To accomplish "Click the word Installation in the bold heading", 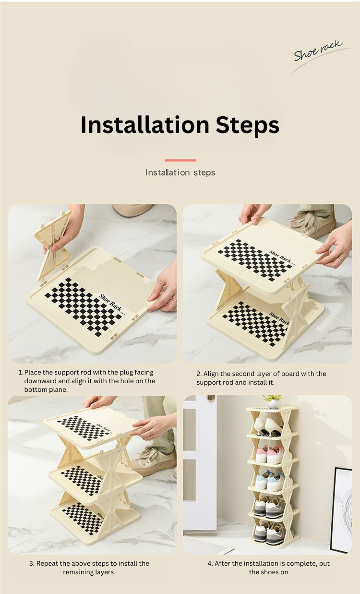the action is (145, 124).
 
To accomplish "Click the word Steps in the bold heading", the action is (247, 125).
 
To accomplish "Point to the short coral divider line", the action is (180, 160).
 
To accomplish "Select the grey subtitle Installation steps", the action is (180, 173).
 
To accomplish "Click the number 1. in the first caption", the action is (21, 372).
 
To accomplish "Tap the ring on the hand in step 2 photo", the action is (340, 258).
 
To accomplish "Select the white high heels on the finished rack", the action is (268, 427).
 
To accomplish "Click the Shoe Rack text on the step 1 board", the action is (112, 303).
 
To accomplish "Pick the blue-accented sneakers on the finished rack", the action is (271, 480).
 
